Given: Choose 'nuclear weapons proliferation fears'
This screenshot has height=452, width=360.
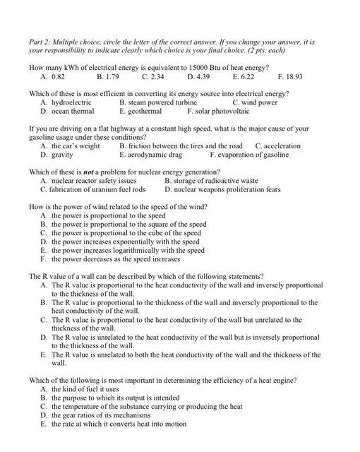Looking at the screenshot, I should point(227,189).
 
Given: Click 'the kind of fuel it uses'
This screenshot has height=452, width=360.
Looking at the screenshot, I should point(85,389).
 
